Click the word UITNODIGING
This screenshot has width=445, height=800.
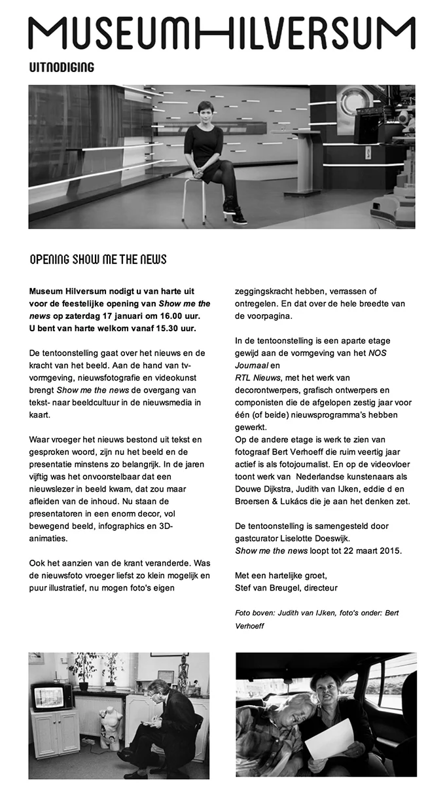click(62, 67)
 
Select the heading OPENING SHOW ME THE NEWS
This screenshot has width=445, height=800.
click(98, 259)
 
